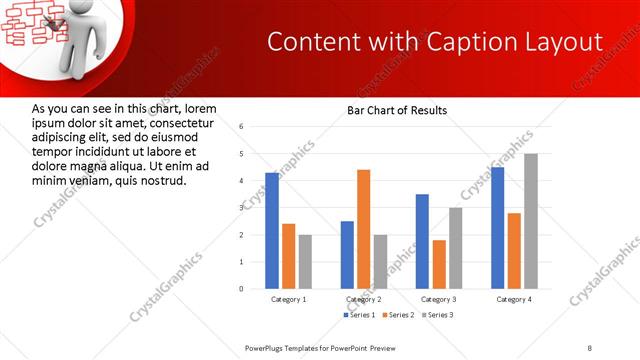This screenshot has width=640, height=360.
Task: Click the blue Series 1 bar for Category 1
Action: point(272,230)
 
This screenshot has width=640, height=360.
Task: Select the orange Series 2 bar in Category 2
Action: point(363,229)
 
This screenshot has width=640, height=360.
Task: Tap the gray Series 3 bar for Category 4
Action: point(530,221)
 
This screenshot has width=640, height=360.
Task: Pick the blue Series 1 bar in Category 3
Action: point(422,241)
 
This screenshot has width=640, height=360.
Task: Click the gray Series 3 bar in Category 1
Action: point(305,261)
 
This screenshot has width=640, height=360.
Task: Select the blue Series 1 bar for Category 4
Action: point(498,227)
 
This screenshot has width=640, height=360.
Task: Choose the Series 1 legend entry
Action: point(359,315)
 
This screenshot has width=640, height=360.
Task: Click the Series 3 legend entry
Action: point(437,315)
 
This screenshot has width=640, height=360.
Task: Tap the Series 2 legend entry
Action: point(398,315)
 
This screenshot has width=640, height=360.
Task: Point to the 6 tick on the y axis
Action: point(241,127)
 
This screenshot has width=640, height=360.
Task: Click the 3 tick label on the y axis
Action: point(241,208)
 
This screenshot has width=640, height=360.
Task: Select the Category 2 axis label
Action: point(363,299)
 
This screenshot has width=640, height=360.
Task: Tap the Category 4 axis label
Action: point(514,299)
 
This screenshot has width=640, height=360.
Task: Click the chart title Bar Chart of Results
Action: point(397,111)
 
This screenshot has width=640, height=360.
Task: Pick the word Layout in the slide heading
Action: point(565,42)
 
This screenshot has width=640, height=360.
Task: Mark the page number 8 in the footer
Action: point(590,347)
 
